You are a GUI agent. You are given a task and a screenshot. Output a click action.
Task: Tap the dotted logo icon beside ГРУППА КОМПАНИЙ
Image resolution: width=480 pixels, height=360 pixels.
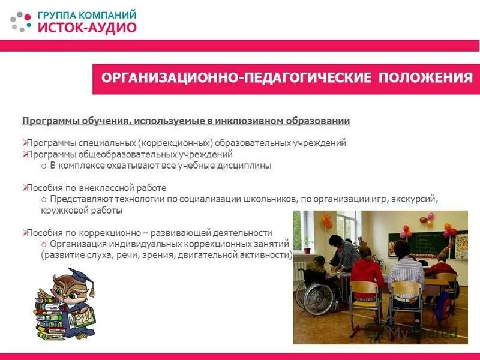point(21,21)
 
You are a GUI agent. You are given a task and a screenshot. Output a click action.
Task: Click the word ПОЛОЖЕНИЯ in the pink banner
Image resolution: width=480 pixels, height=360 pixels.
point(425,79)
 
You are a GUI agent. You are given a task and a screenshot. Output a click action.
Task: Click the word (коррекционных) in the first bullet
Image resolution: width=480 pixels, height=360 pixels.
point(178,143)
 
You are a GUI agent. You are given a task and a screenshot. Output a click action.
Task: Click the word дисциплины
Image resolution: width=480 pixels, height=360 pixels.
point(247,165)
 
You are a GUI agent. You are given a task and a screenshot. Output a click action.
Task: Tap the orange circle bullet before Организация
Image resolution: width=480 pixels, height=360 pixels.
point(44,245)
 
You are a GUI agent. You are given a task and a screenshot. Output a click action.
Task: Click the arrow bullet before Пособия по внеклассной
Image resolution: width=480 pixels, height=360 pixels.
point(25,188)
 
